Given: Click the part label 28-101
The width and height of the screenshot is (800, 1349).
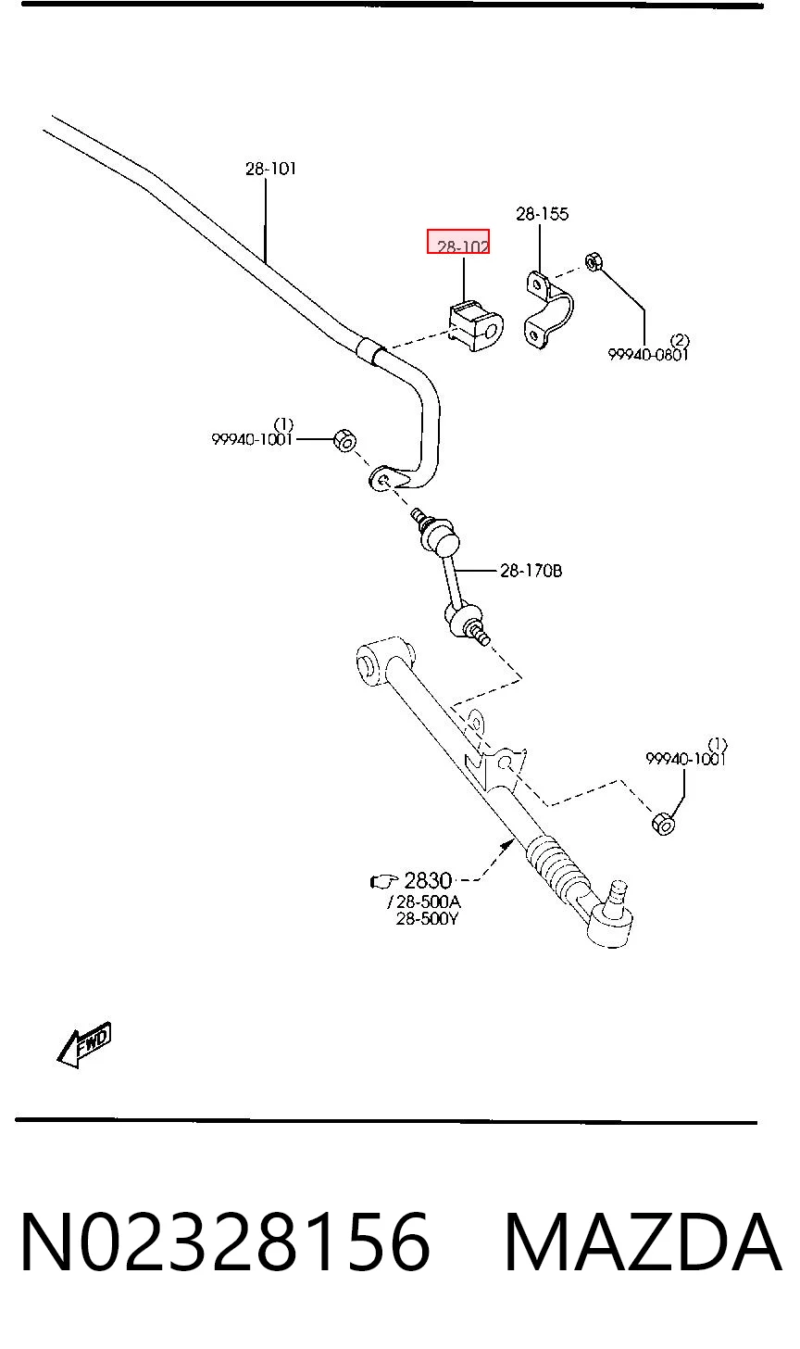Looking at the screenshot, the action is point(271,169).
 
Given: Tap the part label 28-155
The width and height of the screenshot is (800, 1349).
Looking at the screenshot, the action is point(542,214).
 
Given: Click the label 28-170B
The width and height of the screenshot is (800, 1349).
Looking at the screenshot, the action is point(531,571).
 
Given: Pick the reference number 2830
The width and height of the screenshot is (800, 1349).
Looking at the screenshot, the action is point(428,881).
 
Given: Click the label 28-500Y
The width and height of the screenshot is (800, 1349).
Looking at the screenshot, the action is point(427,919).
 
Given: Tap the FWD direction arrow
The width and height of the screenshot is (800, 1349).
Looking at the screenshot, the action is point(84,1045).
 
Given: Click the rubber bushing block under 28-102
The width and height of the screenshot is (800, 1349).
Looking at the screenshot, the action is point(476,327).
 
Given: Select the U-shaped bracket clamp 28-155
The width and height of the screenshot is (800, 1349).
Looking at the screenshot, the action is point(548,309).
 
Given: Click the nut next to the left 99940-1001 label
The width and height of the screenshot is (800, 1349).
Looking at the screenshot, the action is point(345,440).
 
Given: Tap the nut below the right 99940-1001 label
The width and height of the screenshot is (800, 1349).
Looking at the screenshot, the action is point(663,824).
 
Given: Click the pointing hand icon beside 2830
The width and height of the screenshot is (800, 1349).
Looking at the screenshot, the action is point(383,882).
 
